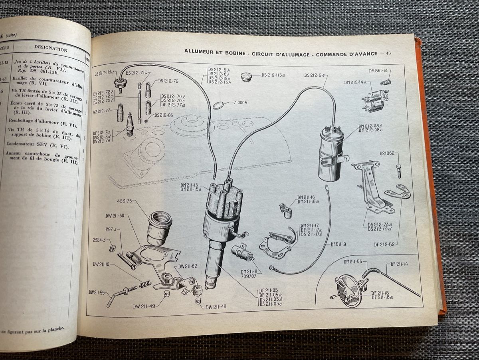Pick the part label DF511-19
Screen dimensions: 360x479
pyautogui.click(x=339, y=244)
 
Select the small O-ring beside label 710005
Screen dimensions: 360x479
pyautogui.click(x=218, y=105)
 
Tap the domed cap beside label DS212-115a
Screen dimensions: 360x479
pyautogui.click(x=247, y=77)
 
